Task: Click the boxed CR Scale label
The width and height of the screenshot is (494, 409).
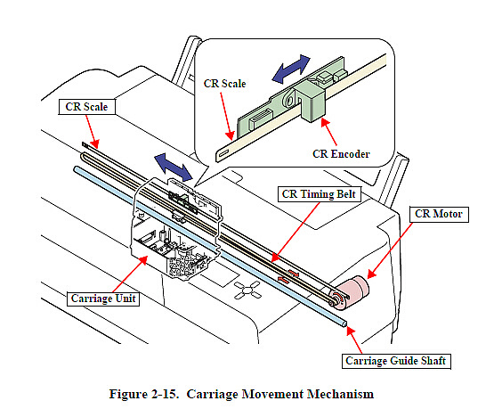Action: point(86,107)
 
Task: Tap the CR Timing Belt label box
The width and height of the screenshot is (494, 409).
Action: point(320,194)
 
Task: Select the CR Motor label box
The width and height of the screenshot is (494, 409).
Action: point(439,214)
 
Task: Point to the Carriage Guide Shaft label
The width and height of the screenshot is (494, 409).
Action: point(396,361)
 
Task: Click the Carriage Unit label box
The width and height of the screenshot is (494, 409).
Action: point(103,299)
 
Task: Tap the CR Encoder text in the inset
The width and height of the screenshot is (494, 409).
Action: point(341,154)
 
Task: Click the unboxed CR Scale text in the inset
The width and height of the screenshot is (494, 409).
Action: point(224,84)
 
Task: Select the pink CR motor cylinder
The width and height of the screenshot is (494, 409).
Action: point(352,291)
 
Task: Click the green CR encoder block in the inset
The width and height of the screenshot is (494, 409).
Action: point(312,101)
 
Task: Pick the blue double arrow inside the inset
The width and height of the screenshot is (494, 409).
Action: point(291,70)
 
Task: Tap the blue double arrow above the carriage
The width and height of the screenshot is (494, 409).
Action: point(173,168)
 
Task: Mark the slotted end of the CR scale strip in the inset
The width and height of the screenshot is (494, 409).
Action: point(223,154)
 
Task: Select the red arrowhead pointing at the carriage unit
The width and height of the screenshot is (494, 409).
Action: point(142,260)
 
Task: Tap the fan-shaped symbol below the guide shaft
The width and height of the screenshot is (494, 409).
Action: point(247,290)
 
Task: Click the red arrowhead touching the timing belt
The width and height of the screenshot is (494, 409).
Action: point(275,257)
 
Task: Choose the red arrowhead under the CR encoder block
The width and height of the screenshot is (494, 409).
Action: point(325,123)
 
